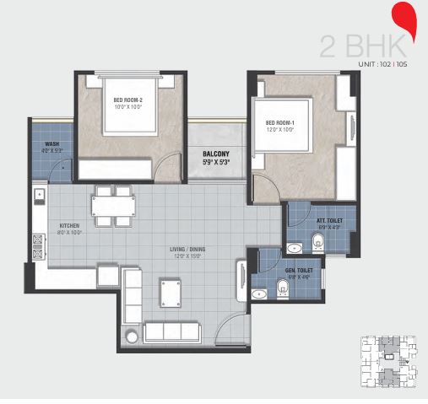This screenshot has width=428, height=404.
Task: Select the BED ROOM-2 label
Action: [129, 99]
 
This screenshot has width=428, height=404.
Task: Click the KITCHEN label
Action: [69, 226]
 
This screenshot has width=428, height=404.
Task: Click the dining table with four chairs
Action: [113, 207]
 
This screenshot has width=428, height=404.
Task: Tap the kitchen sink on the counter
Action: [39, 199]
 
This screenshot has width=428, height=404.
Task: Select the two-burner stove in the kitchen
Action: [38, 245]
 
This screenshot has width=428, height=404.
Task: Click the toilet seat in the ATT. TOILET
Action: [317, 244]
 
